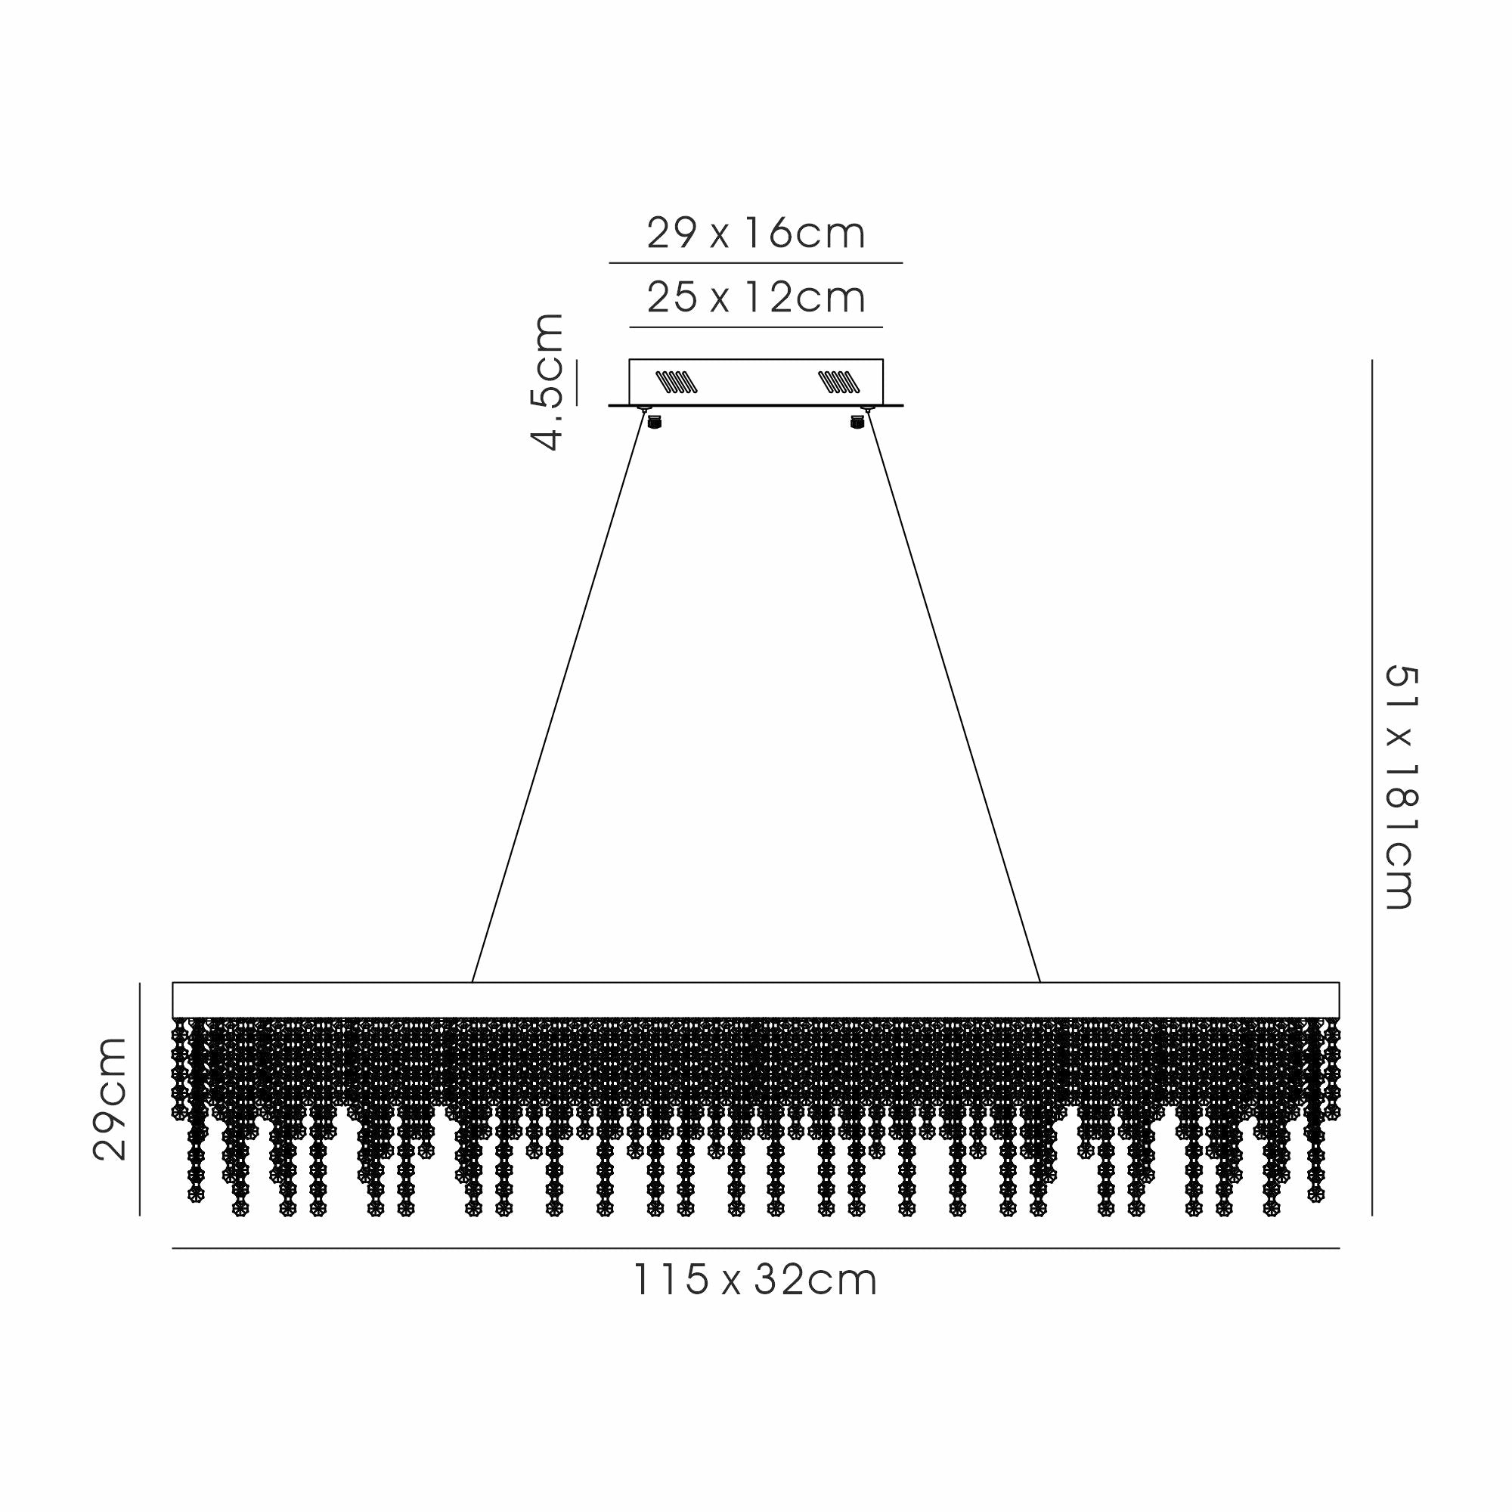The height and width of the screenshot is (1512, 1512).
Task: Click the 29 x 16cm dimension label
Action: pyautogui.click(x=756, y=233)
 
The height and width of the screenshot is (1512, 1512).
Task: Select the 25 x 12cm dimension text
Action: pyautogui.click(x=756, y=297)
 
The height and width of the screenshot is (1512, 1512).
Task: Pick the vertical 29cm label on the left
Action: pyautogui.click(x=110, y=1099)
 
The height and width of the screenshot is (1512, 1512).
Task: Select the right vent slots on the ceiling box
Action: pyautogui.click(x=839, y=382)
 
